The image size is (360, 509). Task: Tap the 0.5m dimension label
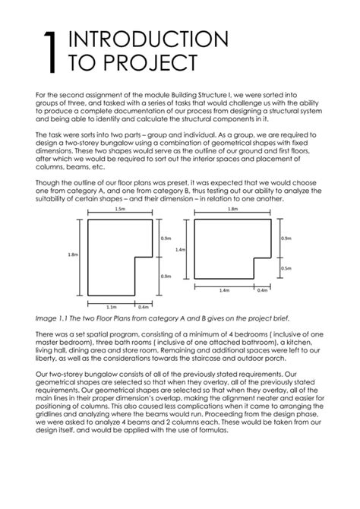click(x=286, y=268)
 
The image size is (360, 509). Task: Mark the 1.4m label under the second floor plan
click(x=224, y=290)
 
